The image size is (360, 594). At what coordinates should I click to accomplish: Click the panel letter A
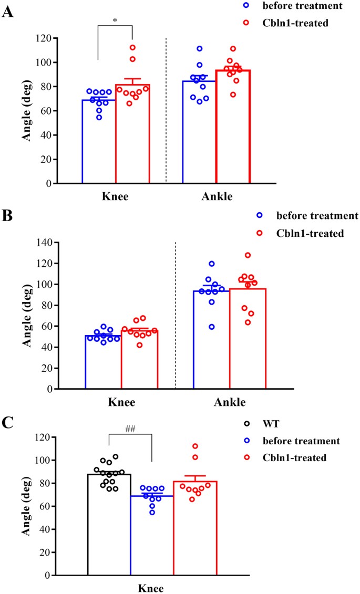click(7, 12)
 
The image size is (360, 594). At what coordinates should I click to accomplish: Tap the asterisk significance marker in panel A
click(115, 20)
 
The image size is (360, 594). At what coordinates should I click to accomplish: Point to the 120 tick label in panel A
click(45, 38)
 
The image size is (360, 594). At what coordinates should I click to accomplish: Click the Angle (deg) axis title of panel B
click(26, 316)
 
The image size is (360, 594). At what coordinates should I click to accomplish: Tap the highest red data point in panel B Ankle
click(248, 255)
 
